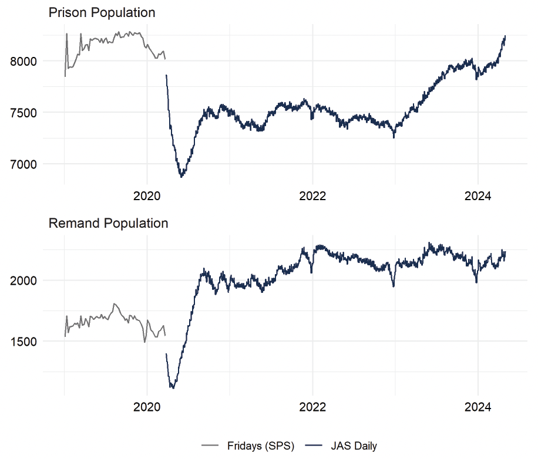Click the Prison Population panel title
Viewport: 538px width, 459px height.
click(102, 12)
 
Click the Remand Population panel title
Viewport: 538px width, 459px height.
click(108, 223)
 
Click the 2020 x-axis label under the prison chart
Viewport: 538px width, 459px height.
click(147, 197)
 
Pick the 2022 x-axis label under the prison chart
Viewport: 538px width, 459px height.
click(312, 197)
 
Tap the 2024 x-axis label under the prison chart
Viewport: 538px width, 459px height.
click(478, 197)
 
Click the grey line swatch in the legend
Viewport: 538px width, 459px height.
click(210, 446)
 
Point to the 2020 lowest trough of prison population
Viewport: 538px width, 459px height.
click(181, 176)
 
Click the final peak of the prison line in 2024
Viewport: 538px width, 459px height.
click(505, 36)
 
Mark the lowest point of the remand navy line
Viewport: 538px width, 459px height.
click(173, 388)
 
